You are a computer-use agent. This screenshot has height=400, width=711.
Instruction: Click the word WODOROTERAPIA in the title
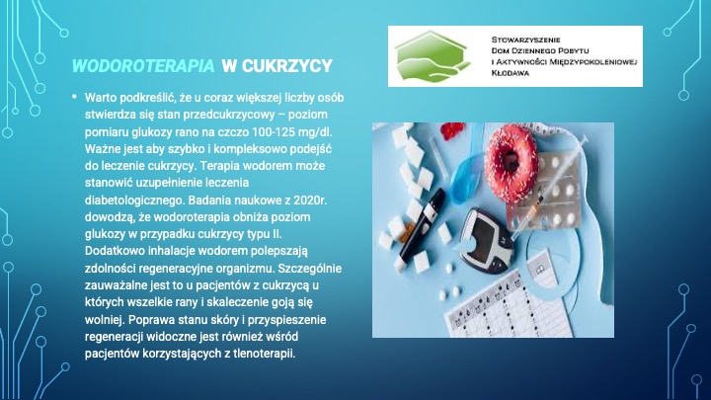143,66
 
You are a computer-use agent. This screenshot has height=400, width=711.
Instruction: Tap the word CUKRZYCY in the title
287,66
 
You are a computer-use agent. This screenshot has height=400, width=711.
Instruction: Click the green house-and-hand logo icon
433,55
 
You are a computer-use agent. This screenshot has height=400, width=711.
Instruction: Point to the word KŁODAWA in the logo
511,72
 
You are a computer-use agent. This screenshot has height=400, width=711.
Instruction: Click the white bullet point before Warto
74,96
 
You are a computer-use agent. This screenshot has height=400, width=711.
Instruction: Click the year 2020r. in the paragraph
310,200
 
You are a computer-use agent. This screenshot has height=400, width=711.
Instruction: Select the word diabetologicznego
134,200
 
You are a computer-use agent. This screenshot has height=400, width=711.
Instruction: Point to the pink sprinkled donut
512,162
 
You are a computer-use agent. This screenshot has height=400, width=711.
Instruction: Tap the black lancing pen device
418,227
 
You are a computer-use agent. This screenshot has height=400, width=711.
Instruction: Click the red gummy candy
452,130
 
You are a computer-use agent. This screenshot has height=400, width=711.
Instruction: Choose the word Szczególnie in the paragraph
310,269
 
